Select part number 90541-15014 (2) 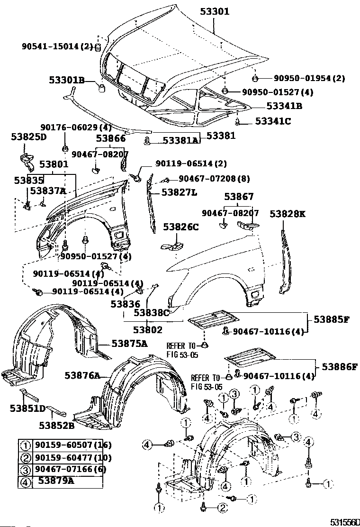[57, 46]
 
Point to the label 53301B [66, 81]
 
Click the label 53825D [29, 137]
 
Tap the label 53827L [179, 192]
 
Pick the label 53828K [288, 214]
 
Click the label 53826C [181, 227]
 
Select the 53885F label [330, 319]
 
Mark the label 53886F [339, 366]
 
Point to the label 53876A [82, 376]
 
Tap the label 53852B [57, 425]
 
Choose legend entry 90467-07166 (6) [67, 470]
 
